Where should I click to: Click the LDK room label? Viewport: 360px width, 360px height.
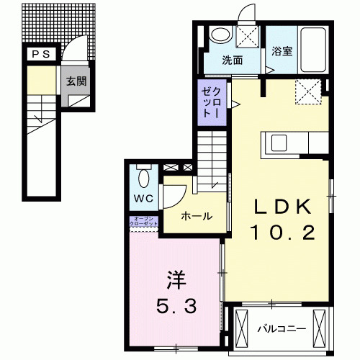tap(282, 207)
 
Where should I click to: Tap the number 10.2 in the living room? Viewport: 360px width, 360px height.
tap(282, 232)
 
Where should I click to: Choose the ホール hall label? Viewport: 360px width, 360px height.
tap(196, 216)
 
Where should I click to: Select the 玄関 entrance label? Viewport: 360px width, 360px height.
tap(78, 81)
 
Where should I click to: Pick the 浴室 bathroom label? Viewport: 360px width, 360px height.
tap(282, 51)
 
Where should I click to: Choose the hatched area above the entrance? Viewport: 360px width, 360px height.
tap(58, 22)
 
